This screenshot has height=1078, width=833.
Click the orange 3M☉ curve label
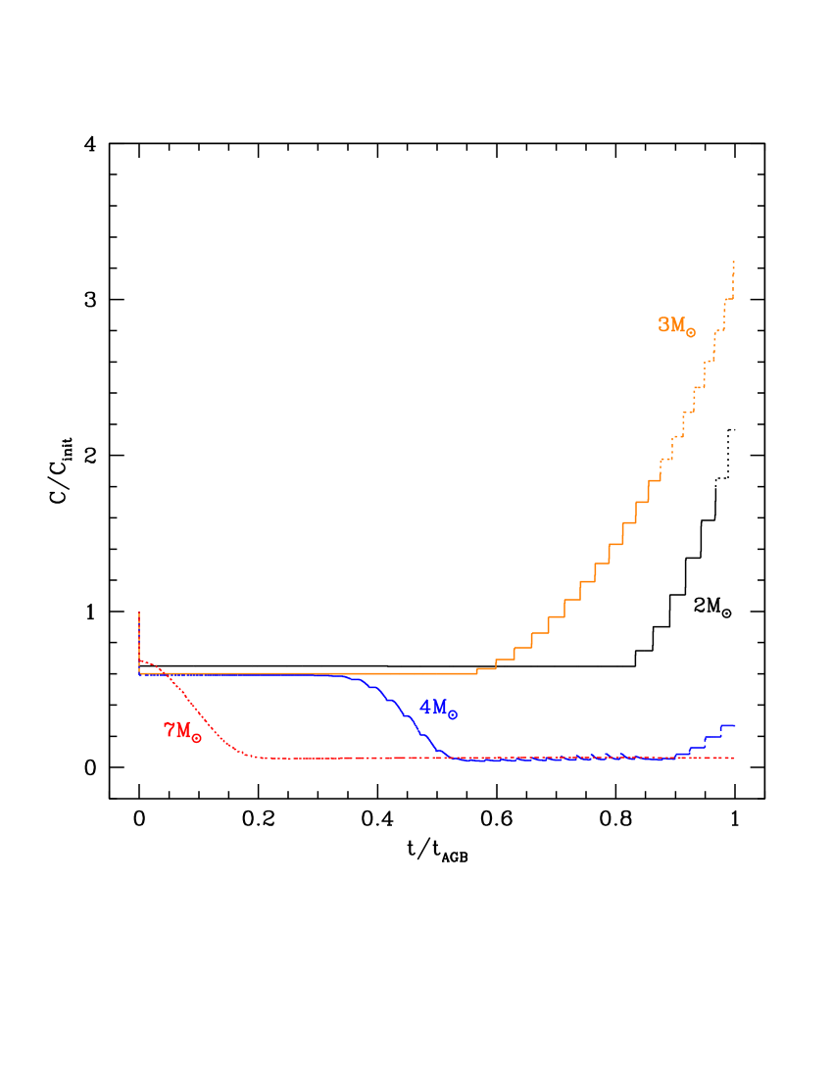(676, 325)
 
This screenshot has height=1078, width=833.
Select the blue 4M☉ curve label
(437, 708)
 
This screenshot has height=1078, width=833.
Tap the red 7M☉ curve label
(182, 731)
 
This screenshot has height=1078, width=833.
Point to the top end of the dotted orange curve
(733, 263)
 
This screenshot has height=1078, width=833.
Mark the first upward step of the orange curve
(477, 671)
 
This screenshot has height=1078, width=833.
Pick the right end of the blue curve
(734, 725)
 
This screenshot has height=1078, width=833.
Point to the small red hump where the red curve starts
(145, 662)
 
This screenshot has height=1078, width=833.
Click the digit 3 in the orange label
(663, 324)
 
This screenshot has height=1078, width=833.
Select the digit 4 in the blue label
(425, 707)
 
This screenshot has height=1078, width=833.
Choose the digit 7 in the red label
(170, 730)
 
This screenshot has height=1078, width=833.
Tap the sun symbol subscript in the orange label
(691, 332)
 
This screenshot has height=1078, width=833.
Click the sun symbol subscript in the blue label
(452, 714)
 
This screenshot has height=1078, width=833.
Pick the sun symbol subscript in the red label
(197, 738)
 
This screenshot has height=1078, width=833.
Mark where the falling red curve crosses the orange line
(168, 674)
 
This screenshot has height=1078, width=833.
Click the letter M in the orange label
(677, 324)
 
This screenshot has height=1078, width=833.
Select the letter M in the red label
(183, 730)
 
